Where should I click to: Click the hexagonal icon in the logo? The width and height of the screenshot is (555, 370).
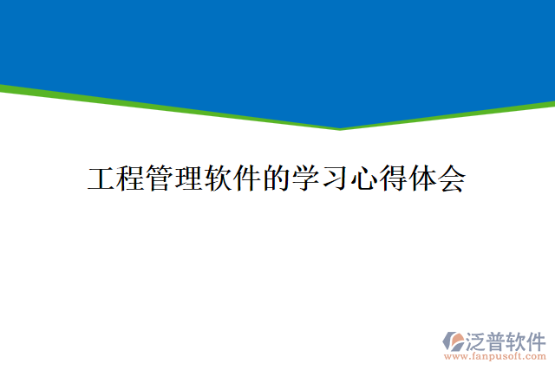pos(454,341)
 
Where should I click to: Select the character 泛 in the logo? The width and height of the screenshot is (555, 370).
pos(476,339)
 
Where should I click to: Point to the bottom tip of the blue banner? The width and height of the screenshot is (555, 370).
pos(340,127)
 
